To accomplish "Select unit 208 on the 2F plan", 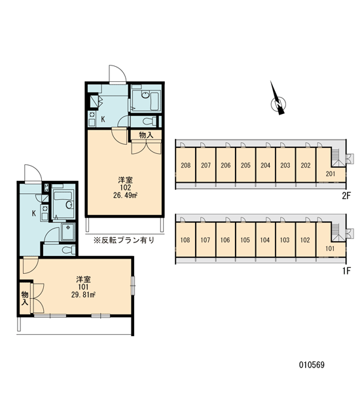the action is click(186, 166).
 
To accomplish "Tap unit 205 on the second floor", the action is click(245, 166).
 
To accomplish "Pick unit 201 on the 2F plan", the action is click(331, 174).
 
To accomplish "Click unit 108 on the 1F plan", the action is click(185, 240).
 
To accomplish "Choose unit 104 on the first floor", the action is click(265, 240).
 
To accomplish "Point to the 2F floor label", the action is click(346, 196).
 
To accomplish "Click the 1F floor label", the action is click(347, 271).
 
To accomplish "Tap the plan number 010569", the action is click(312, 365).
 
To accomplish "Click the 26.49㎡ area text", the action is click(125, 195).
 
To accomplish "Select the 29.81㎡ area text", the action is click(83, 295).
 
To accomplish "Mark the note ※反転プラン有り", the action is click(124, 240).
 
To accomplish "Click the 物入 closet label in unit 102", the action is click(146, 135).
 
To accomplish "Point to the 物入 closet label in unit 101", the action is click(25, 298).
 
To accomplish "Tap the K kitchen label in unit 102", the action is click(103, 119).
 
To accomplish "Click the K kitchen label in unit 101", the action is click(34, 214).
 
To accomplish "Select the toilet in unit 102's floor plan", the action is click(149, 122).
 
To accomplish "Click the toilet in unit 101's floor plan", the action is click(68, 250).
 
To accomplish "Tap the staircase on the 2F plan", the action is click(336, 157).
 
